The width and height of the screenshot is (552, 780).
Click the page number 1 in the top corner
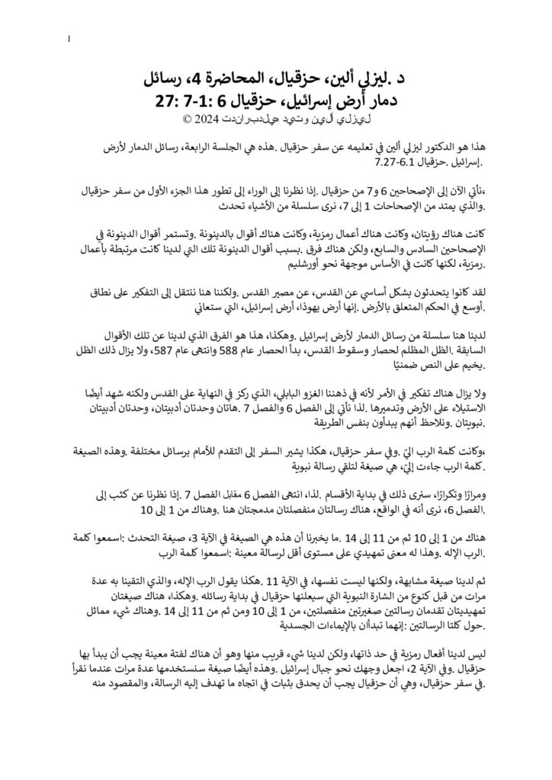coord(69,37)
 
